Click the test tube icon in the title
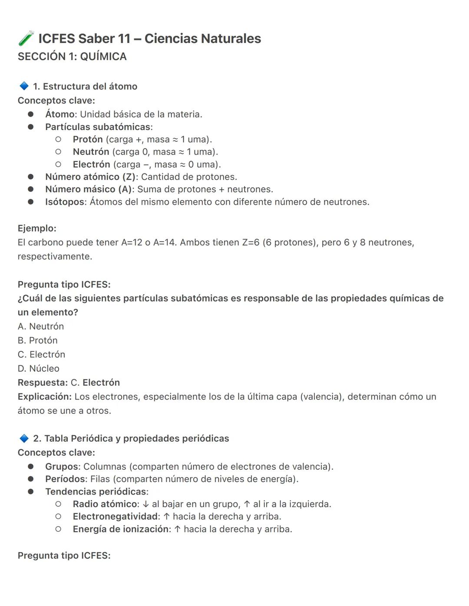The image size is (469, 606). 26,38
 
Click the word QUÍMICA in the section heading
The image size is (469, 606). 103,56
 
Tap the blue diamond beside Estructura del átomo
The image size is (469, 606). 24,86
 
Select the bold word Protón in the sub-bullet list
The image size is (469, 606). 88,139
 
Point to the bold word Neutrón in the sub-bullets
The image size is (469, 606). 91,152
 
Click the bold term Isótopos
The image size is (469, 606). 65,202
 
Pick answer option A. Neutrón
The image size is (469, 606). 41,326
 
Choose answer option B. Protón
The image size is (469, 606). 38,340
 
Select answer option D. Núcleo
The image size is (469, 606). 39,368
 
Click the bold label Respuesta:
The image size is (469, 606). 43,383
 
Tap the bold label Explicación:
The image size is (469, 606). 44,396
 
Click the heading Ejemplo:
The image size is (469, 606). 37,228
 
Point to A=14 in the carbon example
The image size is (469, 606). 165,242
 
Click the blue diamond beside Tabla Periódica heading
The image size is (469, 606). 24,438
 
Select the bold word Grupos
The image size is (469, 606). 62,466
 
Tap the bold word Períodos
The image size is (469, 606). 66,479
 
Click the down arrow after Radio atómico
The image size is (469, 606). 146,504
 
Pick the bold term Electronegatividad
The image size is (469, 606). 115,516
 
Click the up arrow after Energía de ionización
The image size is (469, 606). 177,529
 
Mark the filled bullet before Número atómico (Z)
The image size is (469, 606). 31,177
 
